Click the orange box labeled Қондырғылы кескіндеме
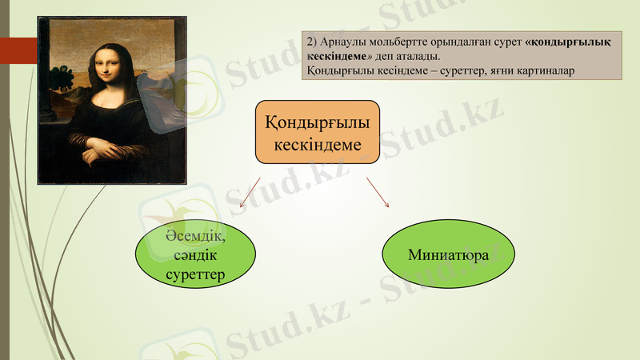(317, 132)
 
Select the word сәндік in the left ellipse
(195, 256)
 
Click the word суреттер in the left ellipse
(195, 275)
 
